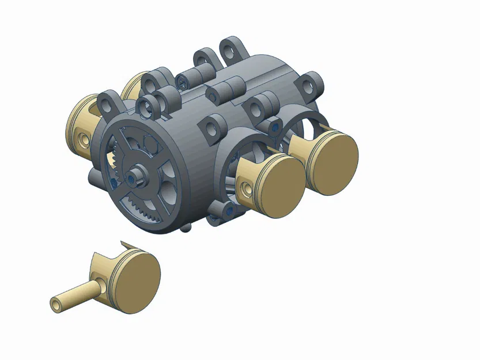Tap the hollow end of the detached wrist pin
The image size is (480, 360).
(x=55, y=304)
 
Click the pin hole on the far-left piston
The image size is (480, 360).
(x=85, y=140)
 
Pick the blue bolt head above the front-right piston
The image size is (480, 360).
(x=274, y=125)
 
